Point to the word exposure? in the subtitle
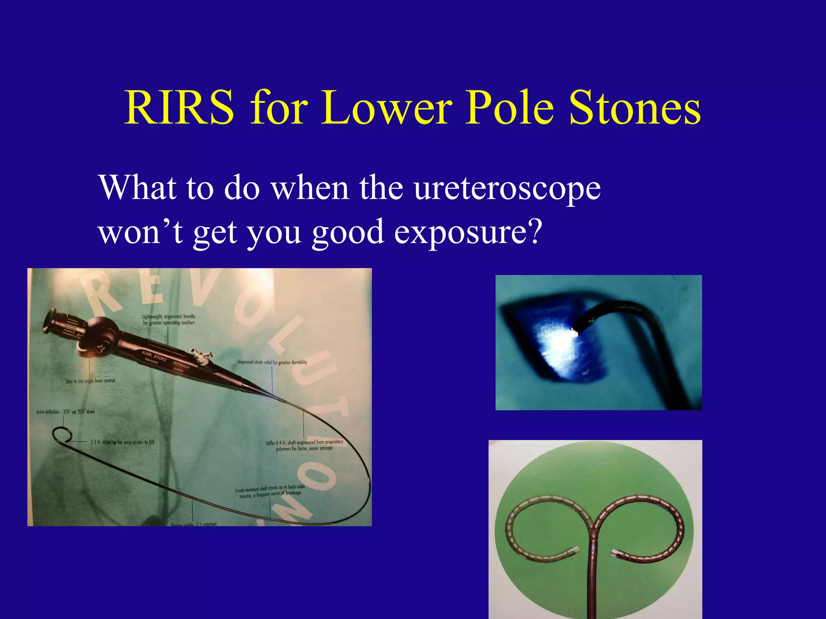tap(468, 233)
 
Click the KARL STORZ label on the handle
tap(154, 356)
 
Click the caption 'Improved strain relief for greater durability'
tap(272, 362)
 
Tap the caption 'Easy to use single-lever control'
tap(90, 381)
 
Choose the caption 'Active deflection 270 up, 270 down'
tap(66, 412)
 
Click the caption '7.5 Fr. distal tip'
tap(122, 442)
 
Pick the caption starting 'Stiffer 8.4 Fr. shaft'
tap(304, 445)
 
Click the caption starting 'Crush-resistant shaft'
tap(270, 492)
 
